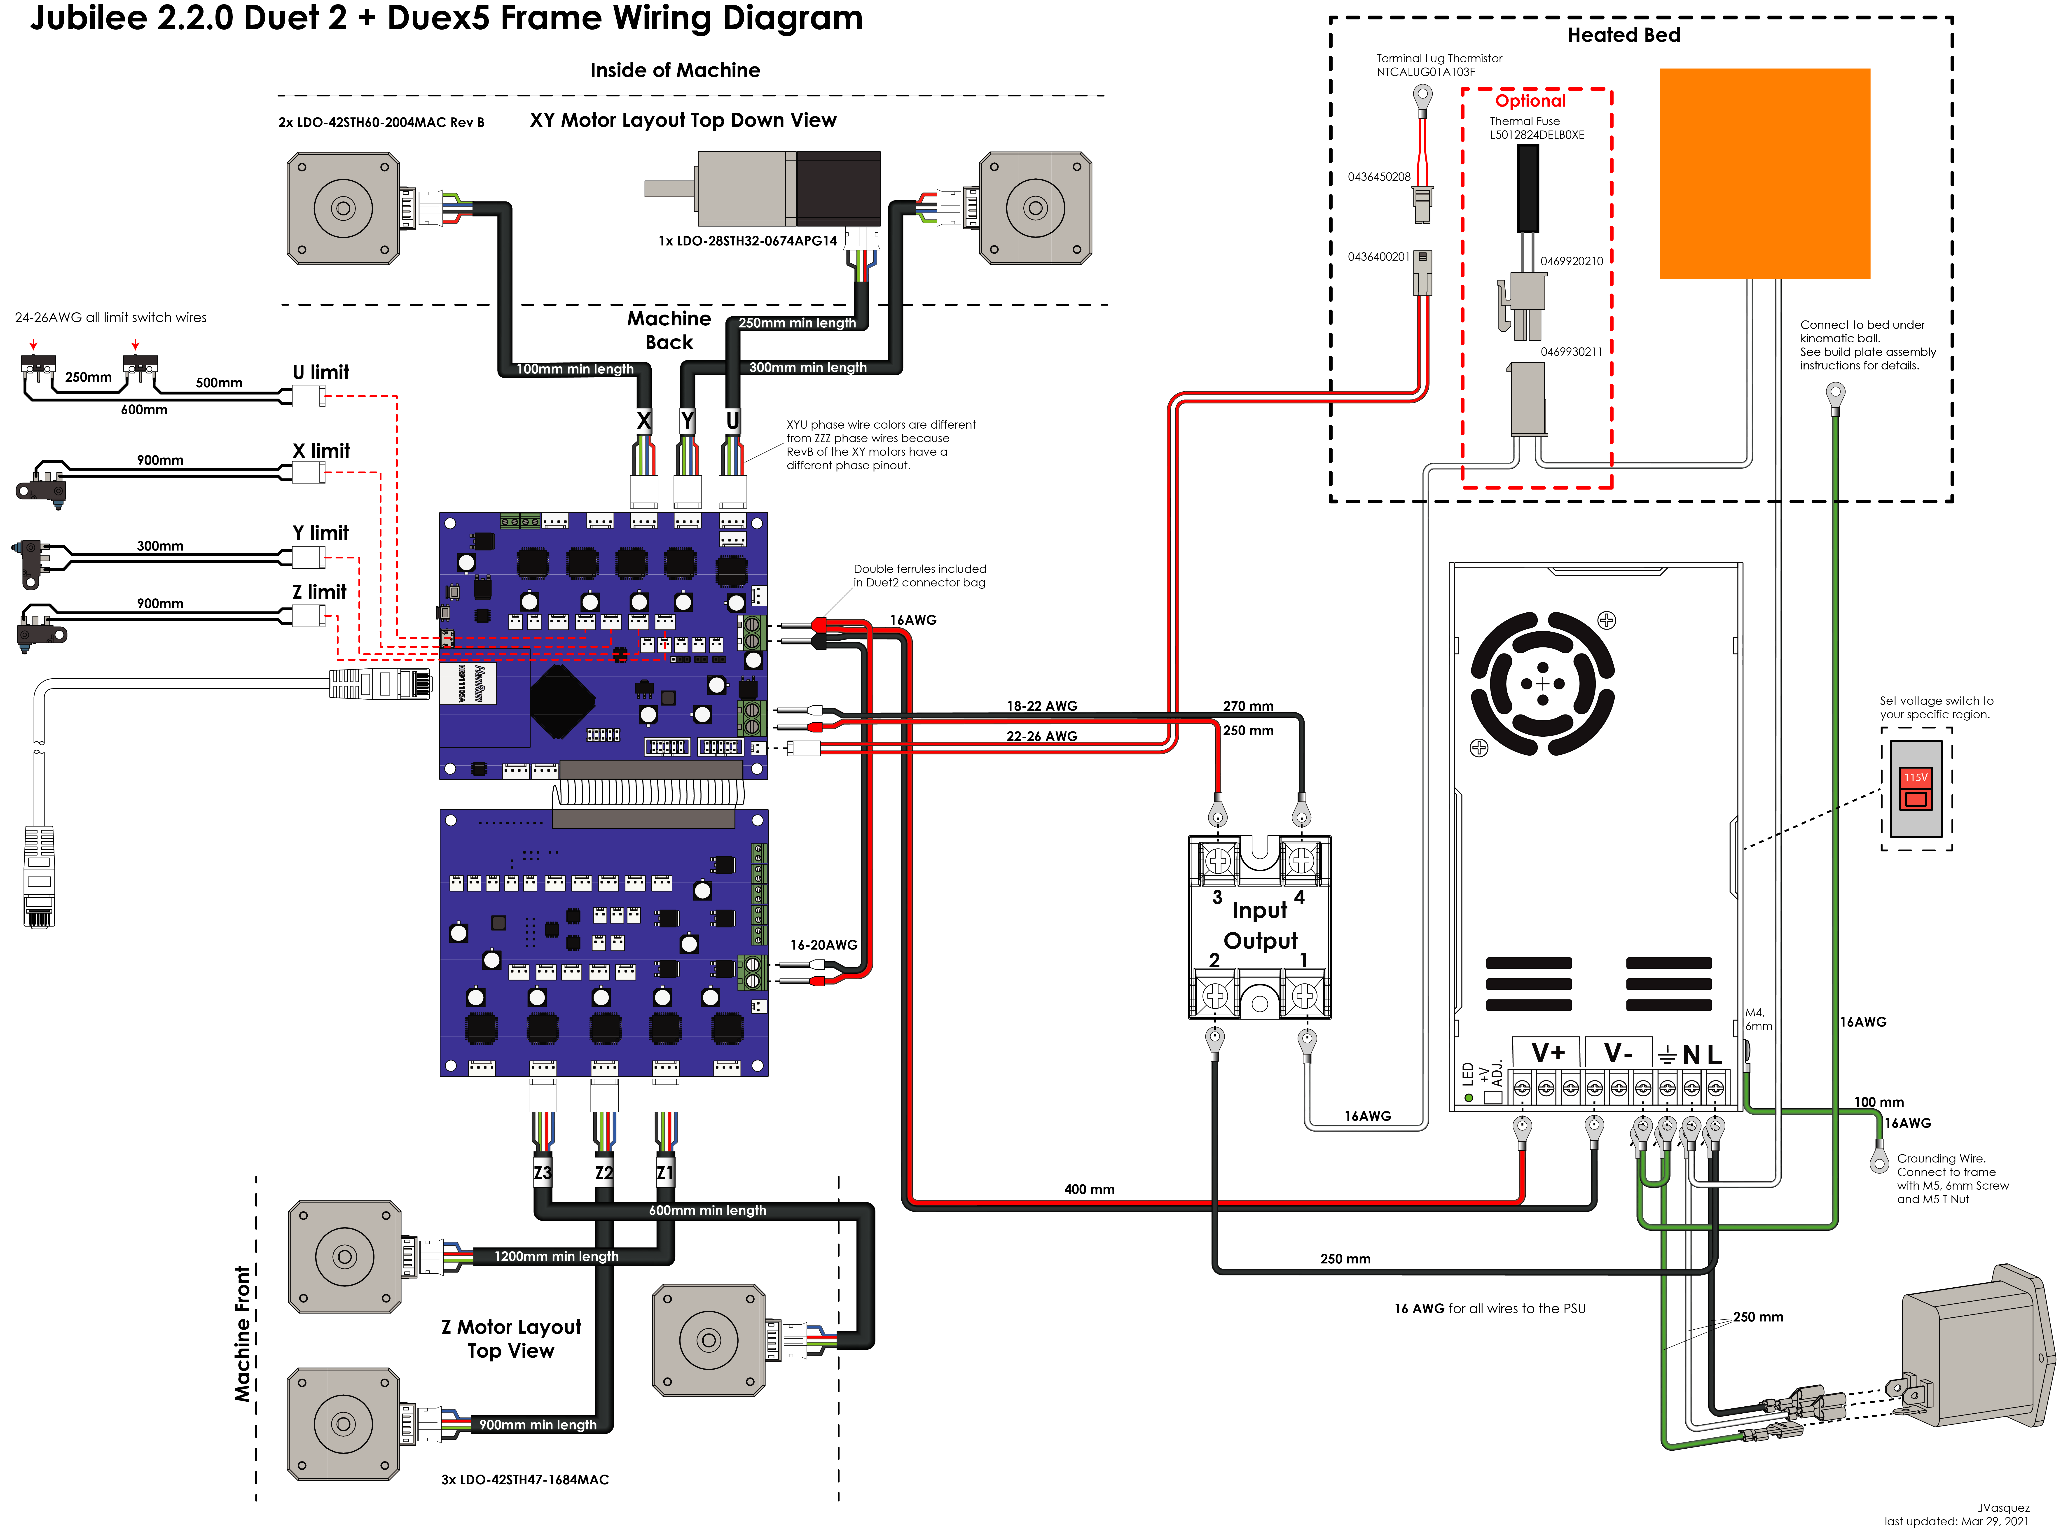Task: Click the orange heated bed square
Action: tap(1764, 173)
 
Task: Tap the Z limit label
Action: tap(319, 591)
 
